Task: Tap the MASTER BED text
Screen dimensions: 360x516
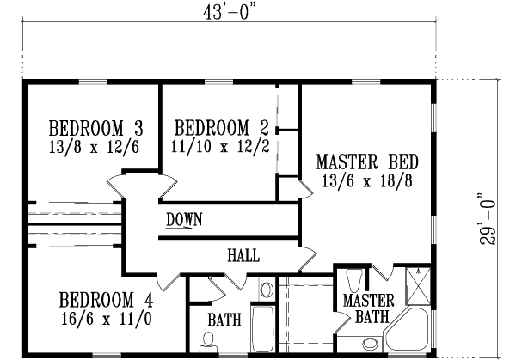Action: pyautogui.click(x=367, y=162)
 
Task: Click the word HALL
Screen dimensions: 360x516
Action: pyautogui.click(x=243, y=256)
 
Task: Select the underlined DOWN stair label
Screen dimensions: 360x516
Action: pyautogui.click(x=184, y=220)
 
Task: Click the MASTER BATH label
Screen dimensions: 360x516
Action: pyautogui.click(x=368, y=308)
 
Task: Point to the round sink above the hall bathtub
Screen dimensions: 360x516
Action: pyautogui.click(x=266, y=290)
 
